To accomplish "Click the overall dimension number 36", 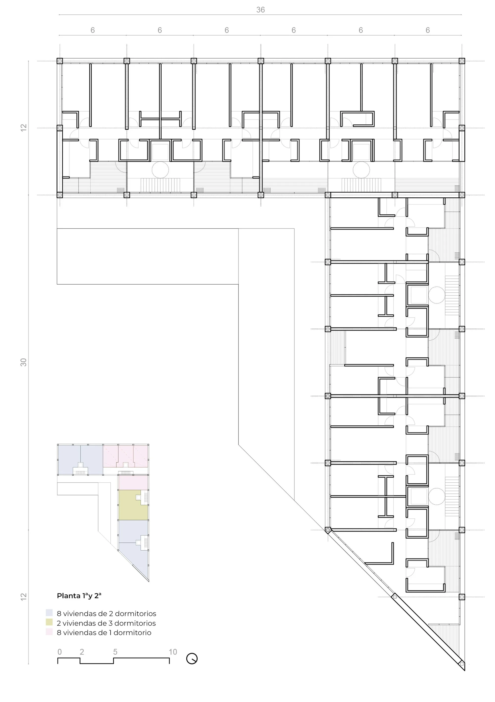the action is [x=260, y=10].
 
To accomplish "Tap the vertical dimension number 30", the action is [x=24, y=362].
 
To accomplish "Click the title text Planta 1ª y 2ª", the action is [x=79, y=596].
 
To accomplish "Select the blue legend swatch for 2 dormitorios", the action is [x=49, y=612].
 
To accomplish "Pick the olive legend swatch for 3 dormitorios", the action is [x=49, y=622].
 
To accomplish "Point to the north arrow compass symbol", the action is [x=192, y=658].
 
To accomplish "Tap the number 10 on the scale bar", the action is [x=173, y=652].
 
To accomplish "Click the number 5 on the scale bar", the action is [x=115, y=652].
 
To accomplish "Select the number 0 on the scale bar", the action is [x=60, y=652].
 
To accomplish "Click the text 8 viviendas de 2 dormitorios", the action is [x=106, y=613].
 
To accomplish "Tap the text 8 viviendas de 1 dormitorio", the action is [x=104, y=632].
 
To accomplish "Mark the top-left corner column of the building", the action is [x=60, y=61].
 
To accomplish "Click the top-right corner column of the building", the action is [x=462, y=61].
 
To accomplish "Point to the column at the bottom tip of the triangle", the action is [x=462, y=664].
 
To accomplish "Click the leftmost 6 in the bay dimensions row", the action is [x=93, y=30].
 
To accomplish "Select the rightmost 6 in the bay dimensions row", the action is [x=428, y=30].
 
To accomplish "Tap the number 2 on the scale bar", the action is [x=82, y=652].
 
